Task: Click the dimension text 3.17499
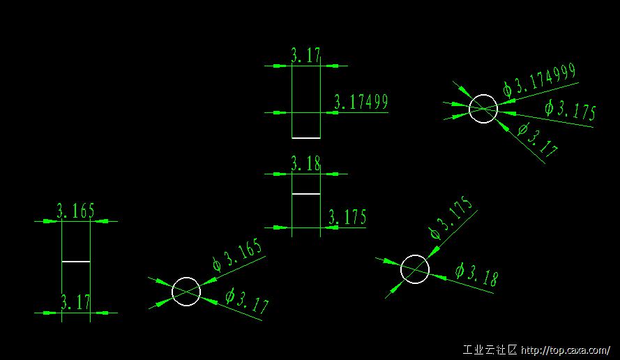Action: (x=361, y=102)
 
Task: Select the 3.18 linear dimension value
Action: (x=305, y=163)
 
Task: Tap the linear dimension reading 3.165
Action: (x=75, y=211)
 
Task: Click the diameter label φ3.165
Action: (x=237, y=255)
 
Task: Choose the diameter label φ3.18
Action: (x=476, y=274)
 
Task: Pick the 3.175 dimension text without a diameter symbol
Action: (x=347, y=217)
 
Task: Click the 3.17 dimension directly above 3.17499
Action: (x=305, y=54)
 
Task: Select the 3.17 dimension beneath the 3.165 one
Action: (x=75, y=303)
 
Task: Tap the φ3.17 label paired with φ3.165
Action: (x=247, y=301)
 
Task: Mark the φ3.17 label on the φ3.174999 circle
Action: (x=538, y=140)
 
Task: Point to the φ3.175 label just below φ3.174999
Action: (x=570, y=110)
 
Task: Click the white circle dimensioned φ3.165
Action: (x=186, y=292)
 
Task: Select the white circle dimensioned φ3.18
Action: (x=415, y=269)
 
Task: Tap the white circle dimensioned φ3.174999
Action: (x=483, y=109)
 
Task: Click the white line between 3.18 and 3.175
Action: (x=306, y=194)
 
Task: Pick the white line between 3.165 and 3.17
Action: (x=76, y=262)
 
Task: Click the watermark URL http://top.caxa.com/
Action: (x=566, y=350)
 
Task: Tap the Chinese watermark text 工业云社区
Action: (x=490, y=350)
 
